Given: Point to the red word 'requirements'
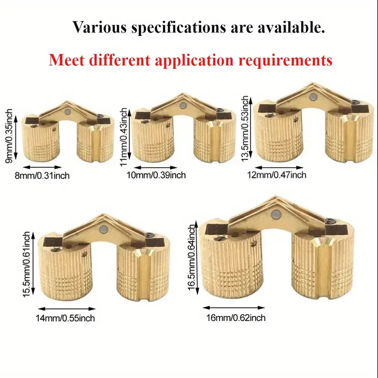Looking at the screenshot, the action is tap(286, 61).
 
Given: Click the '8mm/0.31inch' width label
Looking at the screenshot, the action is tap(42, 175).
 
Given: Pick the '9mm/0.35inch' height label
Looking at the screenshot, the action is tap(9, 136).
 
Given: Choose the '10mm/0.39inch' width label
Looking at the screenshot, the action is tap(156, 175).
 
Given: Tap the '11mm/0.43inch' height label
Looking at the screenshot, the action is tap(123, 137).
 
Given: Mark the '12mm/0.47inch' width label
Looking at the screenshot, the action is tap(277, 175).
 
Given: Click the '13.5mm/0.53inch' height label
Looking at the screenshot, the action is tap(245, 128).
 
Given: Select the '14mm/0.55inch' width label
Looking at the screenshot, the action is tap(65, 318).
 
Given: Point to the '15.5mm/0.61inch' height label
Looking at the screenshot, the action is tap(26, 265).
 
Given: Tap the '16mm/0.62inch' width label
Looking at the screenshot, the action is tap(236, 318).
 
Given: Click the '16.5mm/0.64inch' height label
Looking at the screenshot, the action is tap(191, 258).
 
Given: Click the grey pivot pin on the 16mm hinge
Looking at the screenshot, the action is tap(275, 214).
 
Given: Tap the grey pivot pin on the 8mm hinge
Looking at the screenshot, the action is tap(68, 112).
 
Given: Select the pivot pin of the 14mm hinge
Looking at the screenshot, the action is tap(104, 229).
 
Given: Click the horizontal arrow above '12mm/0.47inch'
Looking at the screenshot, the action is tap(279, 167).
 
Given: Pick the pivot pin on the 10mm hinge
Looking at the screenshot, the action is tap(183, 105).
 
